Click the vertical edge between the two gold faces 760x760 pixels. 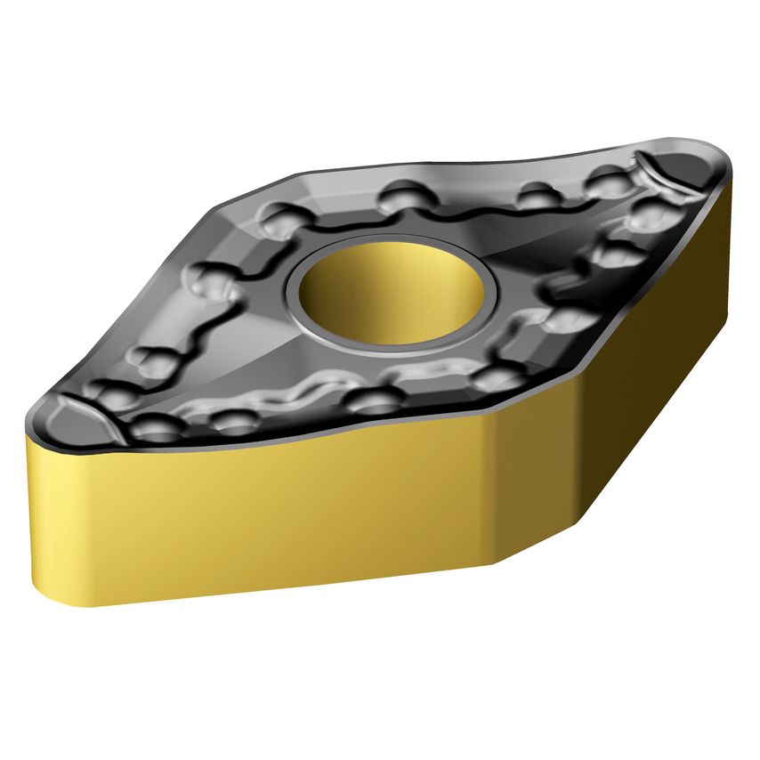[492, 489]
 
